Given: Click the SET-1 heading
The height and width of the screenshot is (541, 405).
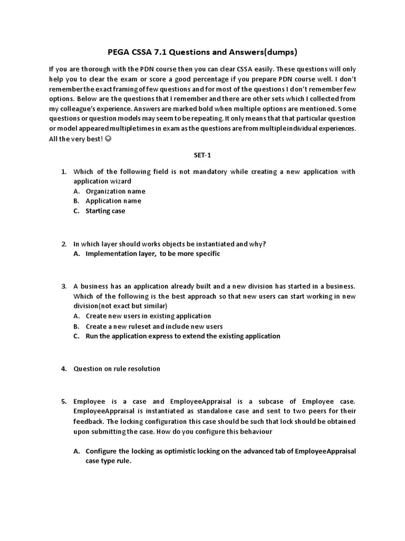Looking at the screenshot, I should tap(202, 155).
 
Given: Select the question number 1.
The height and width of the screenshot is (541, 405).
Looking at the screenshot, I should tap(63, 172).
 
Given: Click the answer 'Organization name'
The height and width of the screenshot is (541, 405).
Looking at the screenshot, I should tap(115, 191).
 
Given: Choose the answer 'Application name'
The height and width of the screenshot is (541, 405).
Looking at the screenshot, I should tap(113, 201).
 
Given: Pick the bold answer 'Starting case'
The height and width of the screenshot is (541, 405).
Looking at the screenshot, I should tap(105, 211).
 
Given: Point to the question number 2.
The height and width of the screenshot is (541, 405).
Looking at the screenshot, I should tap(63, 244).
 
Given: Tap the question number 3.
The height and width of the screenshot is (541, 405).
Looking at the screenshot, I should tap(63, 286).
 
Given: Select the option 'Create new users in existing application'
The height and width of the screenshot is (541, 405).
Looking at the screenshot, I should tap(148, 316).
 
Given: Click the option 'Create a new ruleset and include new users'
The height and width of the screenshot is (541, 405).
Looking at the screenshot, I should tap(154, 326).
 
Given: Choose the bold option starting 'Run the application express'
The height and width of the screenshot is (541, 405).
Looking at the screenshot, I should tap(183, 336).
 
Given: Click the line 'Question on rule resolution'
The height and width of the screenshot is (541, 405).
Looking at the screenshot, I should tap(117, 369).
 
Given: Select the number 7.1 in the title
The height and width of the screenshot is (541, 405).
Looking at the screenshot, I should tap(160, 52).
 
